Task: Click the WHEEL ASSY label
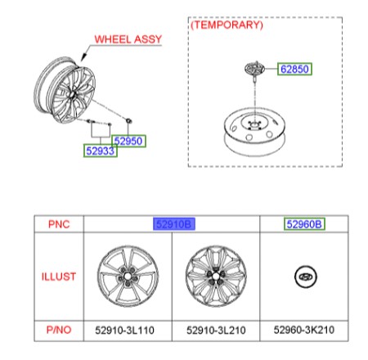[128, 39]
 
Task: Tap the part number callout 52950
[128, 142]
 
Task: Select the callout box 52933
[101, 151]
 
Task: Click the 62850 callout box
[294, 69]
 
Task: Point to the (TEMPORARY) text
[227, 25]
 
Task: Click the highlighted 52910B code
[174, 224]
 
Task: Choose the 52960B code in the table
[304, 224]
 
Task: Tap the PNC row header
[59, 224]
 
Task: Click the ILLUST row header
[59, 277]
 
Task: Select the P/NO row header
[59, 330]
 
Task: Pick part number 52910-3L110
[124, 331]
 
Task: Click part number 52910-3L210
[216, 331]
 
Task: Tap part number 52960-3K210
[304, 330]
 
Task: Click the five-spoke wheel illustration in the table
[128, 276]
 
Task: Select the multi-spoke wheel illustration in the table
[216, 276]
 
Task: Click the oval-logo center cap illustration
[306, 277]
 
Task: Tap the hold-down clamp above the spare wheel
[254, 70]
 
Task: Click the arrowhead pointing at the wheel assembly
[83, 56]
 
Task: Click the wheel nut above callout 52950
[128, 120]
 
